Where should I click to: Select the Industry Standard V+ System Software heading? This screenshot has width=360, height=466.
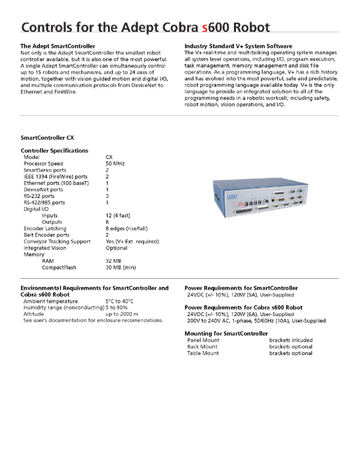click(238, 46)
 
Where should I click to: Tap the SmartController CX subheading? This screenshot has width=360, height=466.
click(47, 137)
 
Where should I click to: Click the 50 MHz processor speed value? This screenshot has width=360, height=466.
click(115, 163)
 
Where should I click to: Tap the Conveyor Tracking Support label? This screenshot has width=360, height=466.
click(57, 242)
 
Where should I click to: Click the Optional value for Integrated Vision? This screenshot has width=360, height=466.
click(116, 248)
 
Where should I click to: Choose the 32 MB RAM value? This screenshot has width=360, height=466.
click(113, 261)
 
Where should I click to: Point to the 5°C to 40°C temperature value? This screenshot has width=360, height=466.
click(119, 301)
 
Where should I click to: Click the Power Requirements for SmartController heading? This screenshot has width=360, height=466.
click(241, 288)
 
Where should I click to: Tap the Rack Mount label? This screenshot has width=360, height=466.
click(203, 347)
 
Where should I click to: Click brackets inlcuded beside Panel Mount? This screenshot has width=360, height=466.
click(291, 340)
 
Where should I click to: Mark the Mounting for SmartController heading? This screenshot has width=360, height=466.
click(226, 333)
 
